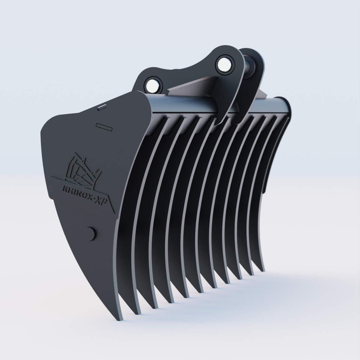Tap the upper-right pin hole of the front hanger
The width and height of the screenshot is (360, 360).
[224, 63]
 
